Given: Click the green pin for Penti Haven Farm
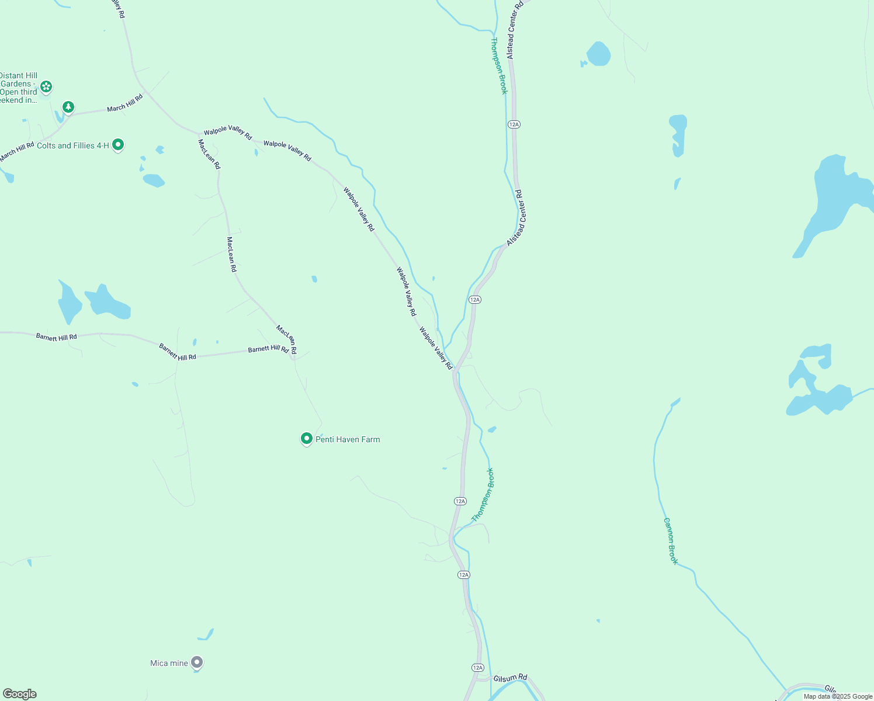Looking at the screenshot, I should point(306,439).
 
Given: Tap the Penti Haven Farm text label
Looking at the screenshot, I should point(348,439).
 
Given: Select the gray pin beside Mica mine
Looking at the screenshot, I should point(197,662).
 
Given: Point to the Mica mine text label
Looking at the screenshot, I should point(169,663).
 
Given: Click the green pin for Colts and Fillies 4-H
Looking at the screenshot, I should point(118,144).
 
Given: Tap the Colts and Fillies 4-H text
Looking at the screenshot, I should point(72,145).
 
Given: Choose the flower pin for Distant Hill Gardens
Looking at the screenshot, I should point(46,87).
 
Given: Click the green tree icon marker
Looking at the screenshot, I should point(69,107).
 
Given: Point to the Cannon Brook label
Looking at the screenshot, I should point(671,541).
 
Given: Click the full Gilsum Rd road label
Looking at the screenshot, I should point(510,678).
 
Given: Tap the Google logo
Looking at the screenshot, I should point(20,694).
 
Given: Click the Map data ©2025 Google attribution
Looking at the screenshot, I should point(838,696).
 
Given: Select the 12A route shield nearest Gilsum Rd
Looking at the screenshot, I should point(478,668).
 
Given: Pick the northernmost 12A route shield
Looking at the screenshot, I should point(514,124).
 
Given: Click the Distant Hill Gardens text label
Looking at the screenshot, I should point(19,88).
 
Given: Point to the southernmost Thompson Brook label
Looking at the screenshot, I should point(483,494).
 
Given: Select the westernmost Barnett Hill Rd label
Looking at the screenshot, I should point(56,337).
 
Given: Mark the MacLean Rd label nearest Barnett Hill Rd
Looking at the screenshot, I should point(286,340).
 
